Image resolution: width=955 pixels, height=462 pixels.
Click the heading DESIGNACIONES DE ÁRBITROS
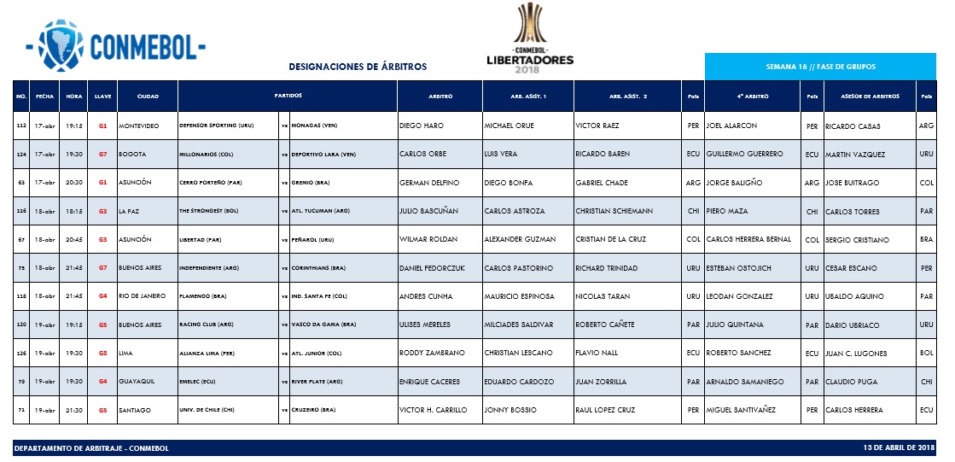pos(358,67)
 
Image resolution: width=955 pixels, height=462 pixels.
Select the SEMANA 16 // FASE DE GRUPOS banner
pos(820,67)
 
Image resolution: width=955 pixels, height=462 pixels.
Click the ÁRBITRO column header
pos(440,96)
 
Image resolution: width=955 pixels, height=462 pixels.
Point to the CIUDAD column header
pos(148,96)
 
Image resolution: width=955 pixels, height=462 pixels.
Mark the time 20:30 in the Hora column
pos(73,183)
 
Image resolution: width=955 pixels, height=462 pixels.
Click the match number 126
pos(22,354)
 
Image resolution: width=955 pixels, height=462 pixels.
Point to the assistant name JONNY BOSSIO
pos(510,410)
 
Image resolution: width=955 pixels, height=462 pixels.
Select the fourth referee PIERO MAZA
pos(726,212)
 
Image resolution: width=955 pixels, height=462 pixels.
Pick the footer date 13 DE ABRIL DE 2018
pos(900,447)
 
